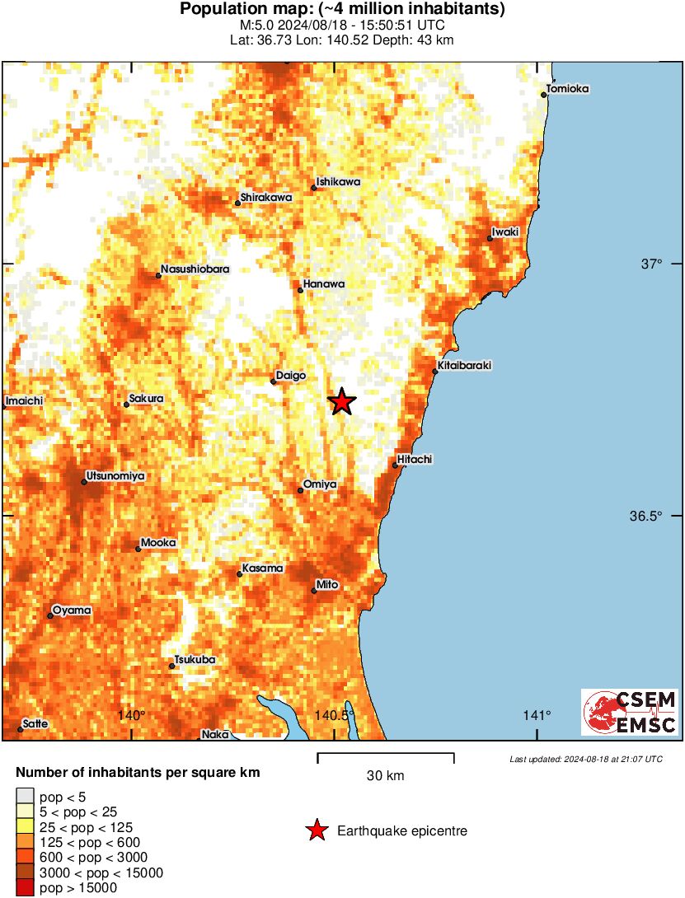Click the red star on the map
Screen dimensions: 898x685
pyautogui.click(x=342, y=402)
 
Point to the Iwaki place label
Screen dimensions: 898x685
pyautogui.click(x=505, y=232)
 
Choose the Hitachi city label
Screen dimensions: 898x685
pyautogui.click(x=415, y=459)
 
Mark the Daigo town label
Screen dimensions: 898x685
pyautogui.click(x=291, y=376)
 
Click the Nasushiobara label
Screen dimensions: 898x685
pyautogui.click(x=195, y=269)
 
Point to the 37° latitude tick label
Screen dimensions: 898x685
pyautogui.click(x=652, y=264)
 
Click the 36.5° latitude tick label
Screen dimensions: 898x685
pyautogui.click(x=645, y=517)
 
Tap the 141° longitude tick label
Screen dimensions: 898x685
pyautogui.click(x=537, y=715)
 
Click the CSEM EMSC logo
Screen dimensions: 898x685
pyautogui.click(x=630, y=713)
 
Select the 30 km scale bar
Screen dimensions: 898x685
pyautogui.click(x=386, y=754)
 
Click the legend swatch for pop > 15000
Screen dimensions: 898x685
pyautogui.click(x=26, y=888)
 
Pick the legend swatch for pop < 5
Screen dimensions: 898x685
pyautogui.click(x=26, y=797)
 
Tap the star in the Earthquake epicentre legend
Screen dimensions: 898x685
pyautogui.click(x=317, y=831)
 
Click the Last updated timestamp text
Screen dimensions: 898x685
pyautogui.click(x=585, y=759)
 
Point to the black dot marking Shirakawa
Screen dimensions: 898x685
pyautogui.click(x=237, y=203)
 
